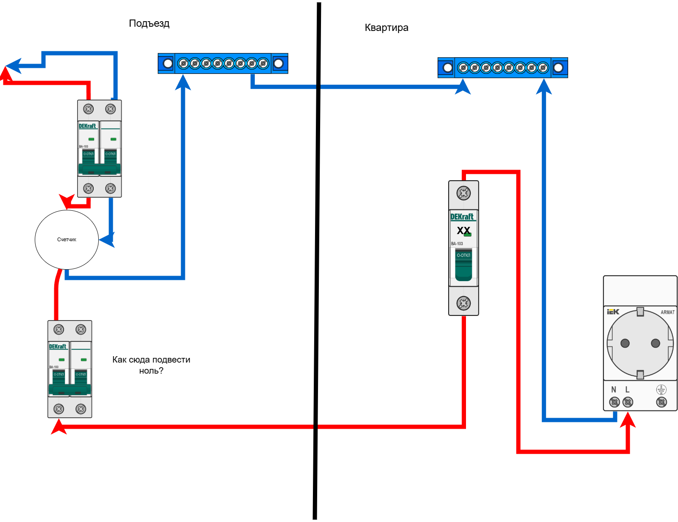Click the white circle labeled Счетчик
pyautogui.click(x=67, y=240)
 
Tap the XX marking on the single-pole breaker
pyautogui.click(x=463, y=231)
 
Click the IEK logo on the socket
pyautogui.click(x=613, y=312)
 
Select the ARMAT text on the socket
pyautogui.click(x=667, y=313)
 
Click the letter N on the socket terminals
pyautogui.click(x=614, y=390)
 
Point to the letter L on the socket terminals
pyautogui.click(x=628, y=390)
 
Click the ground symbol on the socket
pyautogui.click(x=661, y=390)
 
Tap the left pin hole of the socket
pyautogui.click(x=625, y=343)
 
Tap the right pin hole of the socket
pyautogui.click(x=656, y=343)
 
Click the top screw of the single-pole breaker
pyautogui.click(x=463, y=193)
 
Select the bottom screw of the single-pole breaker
pyautogui.click(x=463, y=303)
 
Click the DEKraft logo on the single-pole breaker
pyautogui.click(x=462, y=217)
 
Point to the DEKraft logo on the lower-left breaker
pyautogui.click(x=58, y=346)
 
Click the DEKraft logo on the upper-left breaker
pyautogui.click(x=87, y=126)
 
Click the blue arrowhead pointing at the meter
pyautogui.click(x=107, y=240)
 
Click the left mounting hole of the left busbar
pyautogui.click(x=168, y=64)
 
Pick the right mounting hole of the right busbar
pyautogui.click(x=558, y=68)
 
